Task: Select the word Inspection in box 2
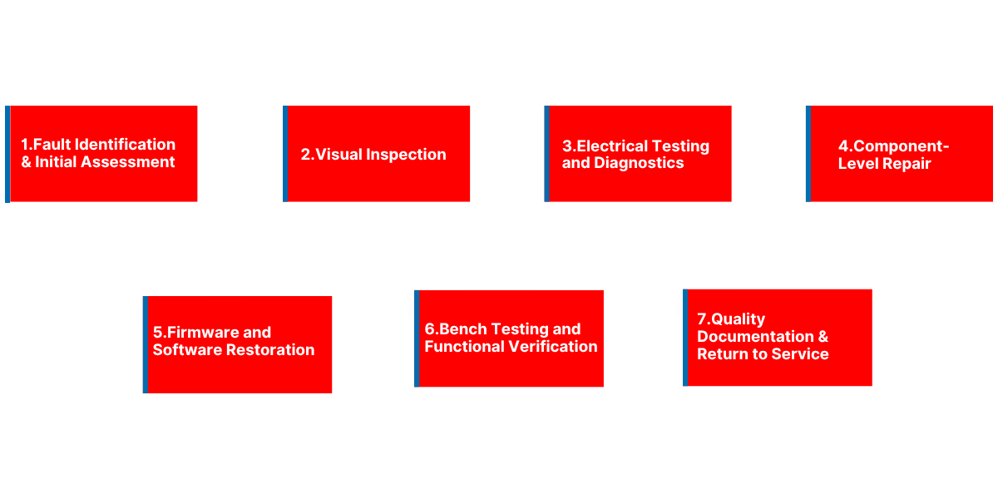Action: [x=405, y=155]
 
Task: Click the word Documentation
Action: [x=755, y=337]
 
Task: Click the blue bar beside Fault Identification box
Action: [x=7, y=154]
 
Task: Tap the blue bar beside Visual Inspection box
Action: [x=285, y=154]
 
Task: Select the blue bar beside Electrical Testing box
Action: [x=546, y=154]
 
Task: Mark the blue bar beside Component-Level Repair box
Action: [x=808, y=154]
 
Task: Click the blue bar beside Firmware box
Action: [x=145, y=344]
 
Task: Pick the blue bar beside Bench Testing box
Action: [x=417, y=338]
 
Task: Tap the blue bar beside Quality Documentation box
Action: [x=685, y=338]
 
